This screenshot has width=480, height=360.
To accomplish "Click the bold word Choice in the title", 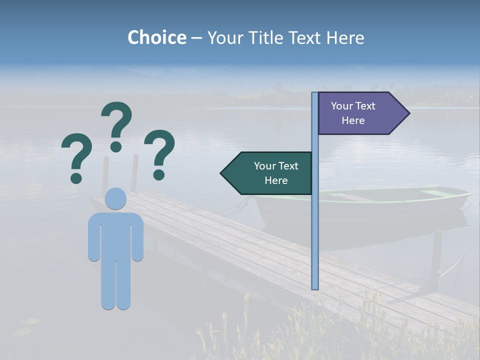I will click(x=156, y=38).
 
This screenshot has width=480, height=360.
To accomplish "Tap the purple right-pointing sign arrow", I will click(x=357, y=113).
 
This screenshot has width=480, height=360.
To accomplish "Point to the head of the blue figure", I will click(x=116, y=198).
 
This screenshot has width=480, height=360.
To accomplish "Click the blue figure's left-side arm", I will click(x=94, y=237).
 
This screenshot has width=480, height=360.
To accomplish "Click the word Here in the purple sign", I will click(x=353, y=120).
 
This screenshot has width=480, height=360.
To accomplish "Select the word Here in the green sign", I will click(x=276, y=180).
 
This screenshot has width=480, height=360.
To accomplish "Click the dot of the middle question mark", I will click(x=116, y=146).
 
